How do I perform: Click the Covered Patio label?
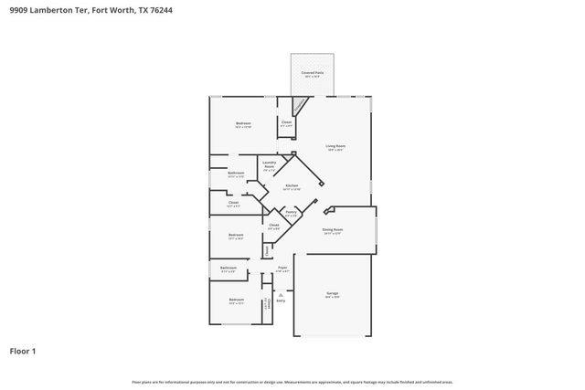313,72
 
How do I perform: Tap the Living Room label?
335,147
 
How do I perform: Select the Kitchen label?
292,186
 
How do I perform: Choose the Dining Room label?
332,230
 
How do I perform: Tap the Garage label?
333,294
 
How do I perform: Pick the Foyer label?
282,269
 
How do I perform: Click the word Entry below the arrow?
281,300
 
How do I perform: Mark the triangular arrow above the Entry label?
281,293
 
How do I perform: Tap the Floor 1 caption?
24,350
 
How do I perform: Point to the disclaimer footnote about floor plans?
292,382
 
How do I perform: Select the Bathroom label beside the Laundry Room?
236,174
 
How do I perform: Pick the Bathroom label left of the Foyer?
229,269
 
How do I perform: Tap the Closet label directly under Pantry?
273,225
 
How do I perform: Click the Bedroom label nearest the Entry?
236,300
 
